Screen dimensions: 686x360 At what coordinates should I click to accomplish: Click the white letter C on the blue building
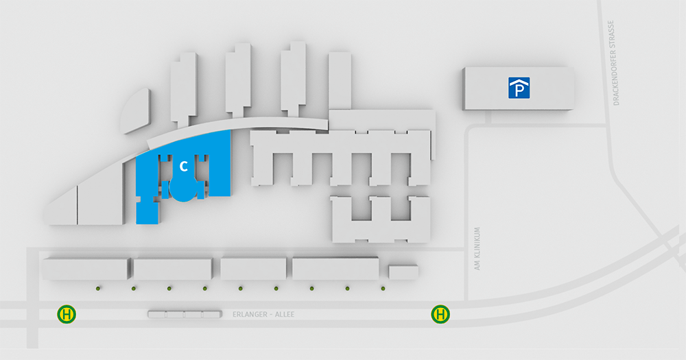point(184,166)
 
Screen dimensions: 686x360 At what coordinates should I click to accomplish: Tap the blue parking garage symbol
point(519,88)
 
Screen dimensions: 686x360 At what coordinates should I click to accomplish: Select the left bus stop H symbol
point(67,314)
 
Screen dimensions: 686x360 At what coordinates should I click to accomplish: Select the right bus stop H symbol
point(440,314)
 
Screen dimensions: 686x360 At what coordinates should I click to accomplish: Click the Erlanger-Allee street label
point(263,315)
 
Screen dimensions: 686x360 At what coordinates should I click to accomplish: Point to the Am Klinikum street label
point(477,248)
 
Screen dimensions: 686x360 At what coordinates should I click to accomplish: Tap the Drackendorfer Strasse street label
point(617,63)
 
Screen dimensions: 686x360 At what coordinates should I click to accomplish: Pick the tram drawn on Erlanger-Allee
point(185,314)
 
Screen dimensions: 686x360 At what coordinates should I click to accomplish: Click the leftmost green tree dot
point(98,288)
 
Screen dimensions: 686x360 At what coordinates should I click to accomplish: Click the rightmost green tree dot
point(383,288)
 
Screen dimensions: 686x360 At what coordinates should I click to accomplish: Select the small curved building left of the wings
point(135,110)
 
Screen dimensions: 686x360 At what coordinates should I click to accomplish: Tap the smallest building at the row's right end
point(403,272)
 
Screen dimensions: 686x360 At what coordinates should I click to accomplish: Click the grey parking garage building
point(519,88)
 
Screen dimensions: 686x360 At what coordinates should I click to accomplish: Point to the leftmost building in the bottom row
point(86,269)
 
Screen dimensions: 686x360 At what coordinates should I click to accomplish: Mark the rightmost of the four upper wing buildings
point(340,81)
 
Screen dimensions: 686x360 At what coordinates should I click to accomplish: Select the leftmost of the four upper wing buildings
point(184,88)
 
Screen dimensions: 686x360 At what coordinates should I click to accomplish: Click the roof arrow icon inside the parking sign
point(519,82)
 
